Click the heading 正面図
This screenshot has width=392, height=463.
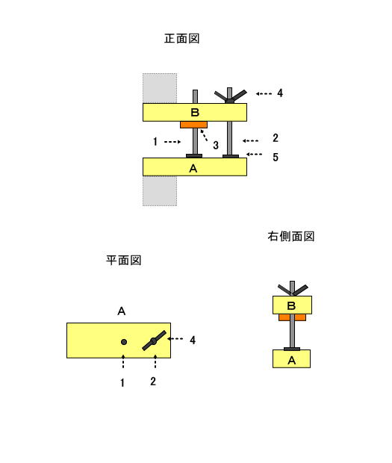pos(182,39)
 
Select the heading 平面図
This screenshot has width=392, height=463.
pos(124,261)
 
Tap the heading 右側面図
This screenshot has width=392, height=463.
pos(291,236)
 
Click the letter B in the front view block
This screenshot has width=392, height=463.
pos(195,113)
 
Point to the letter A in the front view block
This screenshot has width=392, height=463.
pos(193,169)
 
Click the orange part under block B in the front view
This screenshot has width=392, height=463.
pos(193,125)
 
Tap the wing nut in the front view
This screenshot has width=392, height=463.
pos(230,96)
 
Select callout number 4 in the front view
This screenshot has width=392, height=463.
pos(280,93)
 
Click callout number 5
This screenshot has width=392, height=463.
pos(276,157)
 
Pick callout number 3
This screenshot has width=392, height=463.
pos(216,146)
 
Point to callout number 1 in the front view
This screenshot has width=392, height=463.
pos(155,142)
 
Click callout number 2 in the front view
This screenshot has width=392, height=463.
pos(276,138)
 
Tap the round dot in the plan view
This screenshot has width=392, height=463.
pos(124,342)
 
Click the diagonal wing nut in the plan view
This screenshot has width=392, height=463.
pos(154,341)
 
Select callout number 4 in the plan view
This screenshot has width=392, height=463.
pos(193,341)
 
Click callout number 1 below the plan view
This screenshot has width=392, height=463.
pos(122,383)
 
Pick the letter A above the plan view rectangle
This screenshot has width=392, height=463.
pos(121,311)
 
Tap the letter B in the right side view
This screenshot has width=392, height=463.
pos(291,306)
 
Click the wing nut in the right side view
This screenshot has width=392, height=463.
pos(293,290)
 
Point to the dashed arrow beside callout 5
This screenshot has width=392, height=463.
pos(254,154)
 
